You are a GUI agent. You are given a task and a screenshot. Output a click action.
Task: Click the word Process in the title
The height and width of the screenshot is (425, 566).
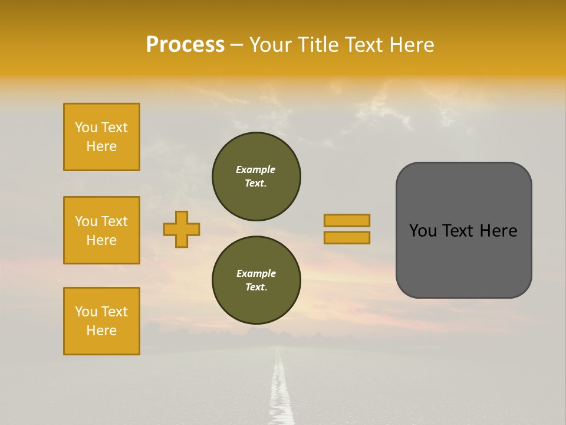(185, 44)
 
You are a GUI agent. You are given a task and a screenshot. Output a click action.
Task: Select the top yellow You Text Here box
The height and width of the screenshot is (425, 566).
(101, 137)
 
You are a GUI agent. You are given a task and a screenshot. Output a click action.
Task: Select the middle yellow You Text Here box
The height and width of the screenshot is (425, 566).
(101, 230)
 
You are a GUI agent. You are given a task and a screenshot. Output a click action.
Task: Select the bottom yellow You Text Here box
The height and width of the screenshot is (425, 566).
(101, 321)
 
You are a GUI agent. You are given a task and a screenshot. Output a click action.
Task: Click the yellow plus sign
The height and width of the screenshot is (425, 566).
(182, 229)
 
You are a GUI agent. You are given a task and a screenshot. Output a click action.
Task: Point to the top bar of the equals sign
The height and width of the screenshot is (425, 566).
(347, 220)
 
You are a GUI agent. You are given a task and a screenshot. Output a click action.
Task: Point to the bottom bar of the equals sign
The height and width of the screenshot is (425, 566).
(347, 237)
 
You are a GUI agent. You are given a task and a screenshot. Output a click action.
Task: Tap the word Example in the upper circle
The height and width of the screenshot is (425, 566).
(255, 169)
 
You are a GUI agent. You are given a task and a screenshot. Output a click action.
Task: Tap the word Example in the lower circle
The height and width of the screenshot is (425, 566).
(256, 273)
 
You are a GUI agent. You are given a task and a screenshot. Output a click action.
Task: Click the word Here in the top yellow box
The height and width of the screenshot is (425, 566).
(101, 146)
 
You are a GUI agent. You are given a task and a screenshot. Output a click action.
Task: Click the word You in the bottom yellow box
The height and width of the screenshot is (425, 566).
(86, 312)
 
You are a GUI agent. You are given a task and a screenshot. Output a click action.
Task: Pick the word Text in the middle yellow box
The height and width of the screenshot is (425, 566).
(114, 221)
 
